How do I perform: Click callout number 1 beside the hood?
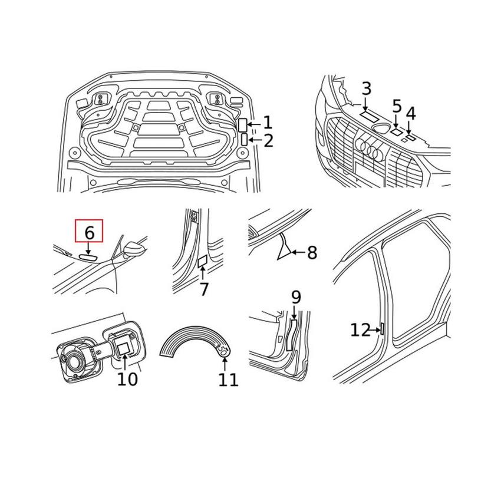coord(268,123)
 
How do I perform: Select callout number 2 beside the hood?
coord(268,141)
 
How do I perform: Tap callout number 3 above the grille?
coord(366,89)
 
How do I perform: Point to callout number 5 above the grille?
coord(397,107)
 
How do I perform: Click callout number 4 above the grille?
coord(411,113)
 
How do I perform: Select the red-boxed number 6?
coord(89,232)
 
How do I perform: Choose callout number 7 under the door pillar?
coord(204,289)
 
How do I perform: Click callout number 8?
coord(312,253)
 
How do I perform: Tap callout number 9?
coord(296,298)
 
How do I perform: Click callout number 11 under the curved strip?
coord(228,380)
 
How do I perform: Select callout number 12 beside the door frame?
coord(360,330)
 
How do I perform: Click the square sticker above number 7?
coord(202,260)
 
